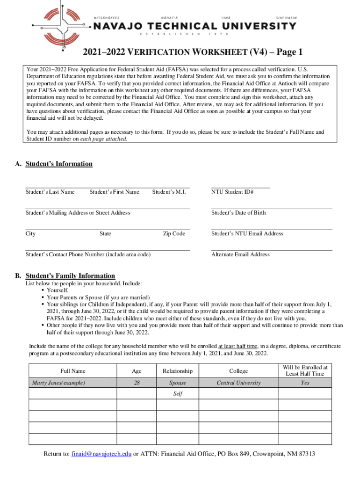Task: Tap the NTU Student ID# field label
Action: (232, 192)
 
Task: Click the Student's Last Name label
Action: (50, 192)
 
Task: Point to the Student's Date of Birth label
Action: (238, 213)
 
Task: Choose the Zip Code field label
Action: (174, 234)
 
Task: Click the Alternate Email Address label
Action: (240, 254)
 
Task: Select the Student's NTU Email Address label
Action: (247, 234)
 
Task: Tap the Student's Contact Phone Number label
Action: (88, 254)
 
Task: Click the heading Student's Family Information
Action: (70, 276)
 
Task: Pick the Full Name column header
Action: (72, 371)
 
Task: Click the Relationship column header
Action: (178, 371)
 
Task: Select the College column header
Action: (238, 371)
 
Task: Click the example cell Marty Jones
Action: (58, 383)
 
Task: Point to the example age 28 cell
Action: (137, 383)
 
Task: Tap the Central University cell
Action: (238, 383)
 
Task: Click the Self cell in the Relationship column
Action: (178, 394)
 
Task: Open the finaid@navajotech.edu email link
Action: (101, 454)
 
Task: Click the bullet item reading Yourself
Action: (58, 290)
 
